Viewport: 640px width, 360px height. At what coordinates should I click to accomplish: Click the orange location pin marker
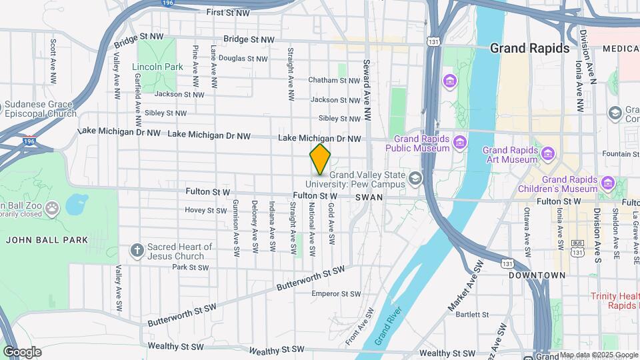pos(321,159)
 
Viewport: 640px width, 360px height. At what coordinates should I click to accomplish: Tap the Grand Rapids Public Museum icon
pos(459,142)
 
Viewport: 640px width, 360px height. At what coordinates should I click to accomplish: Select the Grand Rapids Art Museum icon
pos(548,155)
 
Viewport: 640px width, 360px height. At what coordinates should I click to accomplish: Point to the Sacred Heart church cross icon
pos(137,251)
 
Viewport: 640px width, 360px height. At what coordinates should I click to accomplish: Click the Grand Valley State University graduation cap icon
pos(415,178)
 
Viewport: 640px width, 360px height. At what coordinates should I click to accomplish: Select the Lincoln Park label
pos(157,67)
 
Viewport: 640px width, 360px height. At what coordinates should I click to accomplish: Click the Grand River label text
pos(387,326)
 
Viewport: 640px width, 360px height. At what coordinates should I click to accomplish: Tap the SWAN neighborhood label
pos(369,197)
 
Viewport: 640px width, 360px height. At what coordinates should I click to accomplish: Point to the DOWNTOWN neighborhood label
pos(537,275)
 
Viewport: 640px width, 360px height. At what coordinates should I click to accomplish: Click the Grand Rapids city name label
pos(530,48)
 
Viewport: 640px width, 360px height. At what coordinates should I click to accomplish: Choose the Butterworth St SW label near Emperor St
pos(311,279)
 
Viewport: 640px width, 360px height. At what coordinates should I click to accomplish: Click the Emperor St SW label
pos(336,293)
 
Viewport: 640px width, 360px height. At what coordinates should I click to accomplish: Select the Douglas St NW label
pos(243,59)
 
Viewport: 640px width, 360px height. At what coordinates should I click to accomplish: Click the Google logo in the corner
pos(22,352)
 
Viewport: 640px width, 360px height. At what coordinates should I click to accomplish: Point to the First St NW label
pos(228,13)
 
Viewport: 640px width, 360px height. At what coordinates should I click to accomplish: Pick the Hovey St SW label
pos(206,210)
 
